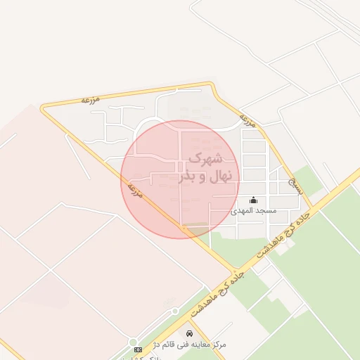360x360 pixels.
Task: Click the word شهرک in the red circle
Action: (x=207, y=158)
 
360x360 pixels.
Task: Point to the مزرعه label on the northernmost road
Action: (x=91, y=100)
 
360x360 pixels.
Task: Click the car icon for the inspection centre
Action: (x=189, y=333)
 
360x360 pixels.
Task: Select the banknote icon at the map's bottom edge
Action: (x=138, y=349)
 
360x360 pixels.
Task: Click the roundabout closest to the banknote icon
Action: (x=134, y=342)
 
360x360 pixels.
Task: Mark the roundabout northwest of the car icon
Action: (x=174, y=311)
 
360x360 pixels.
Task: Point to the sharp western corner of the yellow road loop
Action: (x=42, y=108)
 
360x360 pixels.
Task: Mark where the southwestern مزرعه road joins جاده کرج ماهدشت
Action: (x=234, y=271)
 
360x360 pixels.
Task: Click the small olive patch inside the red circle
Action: (x=197, y=226)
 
